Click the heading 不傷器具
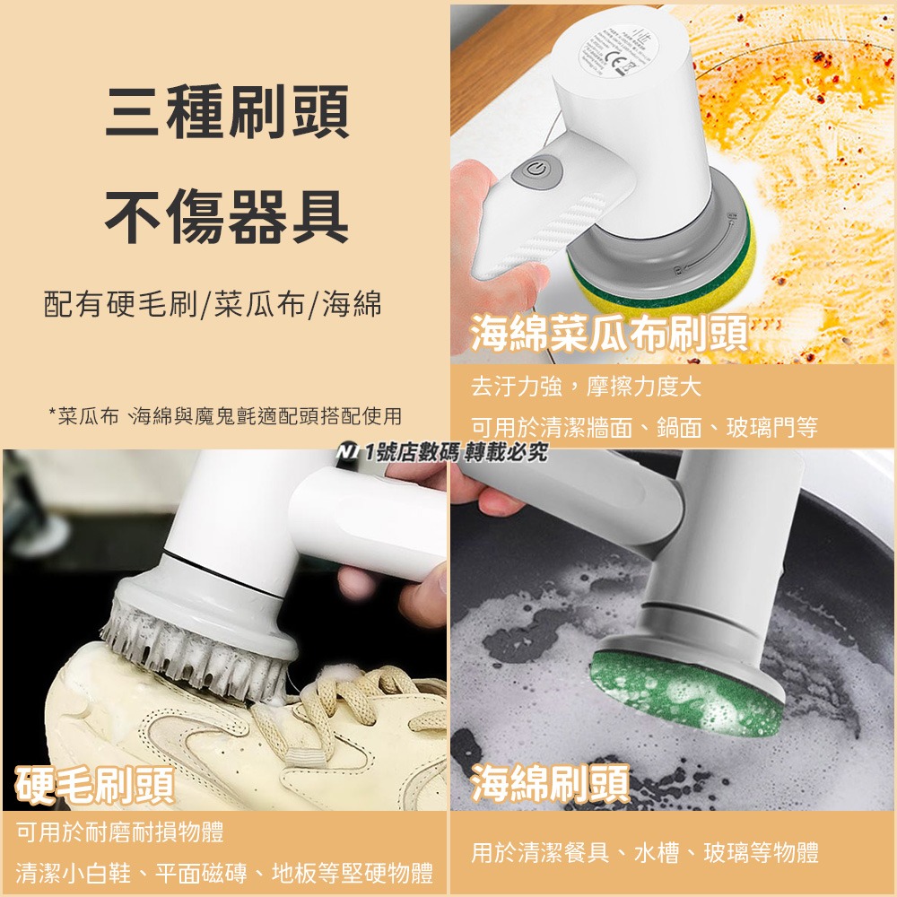(x=226, y=218)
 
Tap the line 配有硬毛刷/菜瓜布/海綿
(x=213, y=304)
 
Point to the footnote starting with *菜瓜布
(x=224, y=416)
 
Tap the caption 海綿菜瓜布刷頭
(x=610, y=333)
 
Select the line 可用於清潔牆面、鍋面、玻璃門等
(x=644, y=428)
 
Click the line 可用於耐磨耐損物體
(x=120, y=832)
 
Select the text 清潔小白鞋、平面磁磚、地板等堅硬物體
(x=224, y=872)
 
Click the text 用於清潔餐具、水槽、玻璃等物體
(x=645, y=852)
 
